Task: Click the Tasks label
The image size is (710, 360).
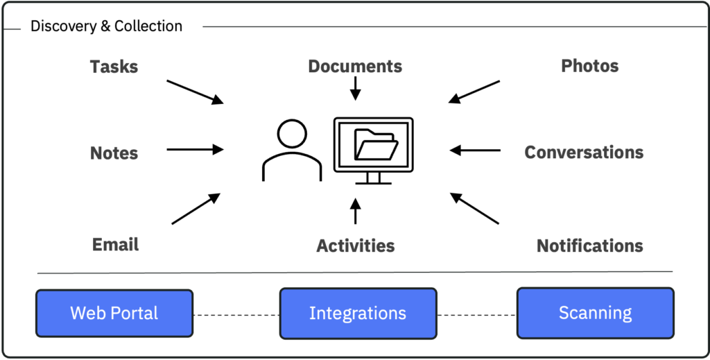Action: coord(114,67)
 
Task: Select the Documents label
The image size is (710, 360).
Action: coord(355,67)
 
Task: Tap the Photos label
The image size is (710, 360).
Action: coord(589,66)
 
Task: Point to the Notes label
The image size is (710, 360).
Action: coord(114,153)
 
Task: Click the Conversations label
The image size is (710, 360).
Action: coord(584,152)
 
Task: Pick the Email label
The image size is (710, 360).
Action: coord(115,244)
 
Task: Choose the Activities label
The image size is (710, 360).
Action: coord(355,246)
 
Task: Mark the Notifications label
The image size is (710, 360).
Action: coord(589,246)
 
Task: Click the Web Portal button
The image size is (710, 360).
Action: coord(114,313)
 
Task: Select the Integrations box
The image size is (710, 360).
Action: coord(358,313)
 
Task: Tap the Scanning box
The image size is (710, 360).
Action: coord(595,312)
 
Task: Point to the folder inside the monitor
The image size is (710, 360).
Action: coord(376,144)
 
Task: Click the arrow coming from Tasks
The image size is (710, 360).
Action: coord(195,92)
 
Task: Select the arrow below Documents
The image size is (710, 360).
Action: coord(355,88)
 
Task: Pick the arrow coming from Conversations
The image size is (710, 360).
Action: coord(475,150)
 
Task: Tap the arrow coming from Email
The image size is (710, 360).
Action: coord(196,209)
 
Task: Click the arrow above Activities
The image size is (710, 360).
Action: coord(355,212)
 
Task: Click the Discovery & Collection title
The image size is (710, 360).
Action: coord(106,26)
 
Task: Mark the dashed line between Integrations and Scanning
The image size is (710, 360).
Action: coord(477,315)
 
